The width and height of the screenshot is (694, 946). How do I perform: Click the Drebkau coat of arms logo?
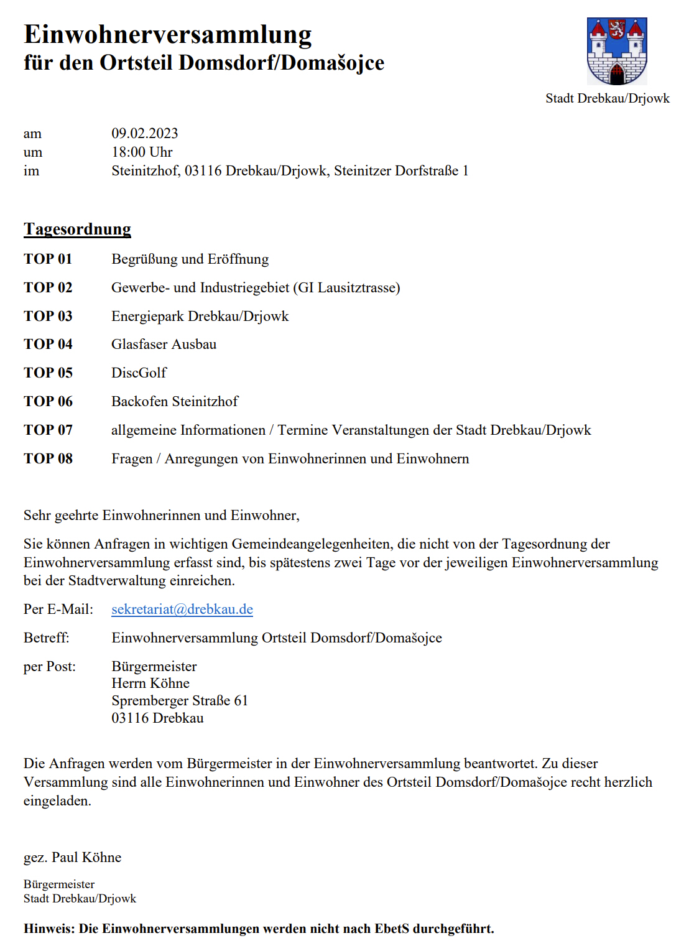[x=617, y=51]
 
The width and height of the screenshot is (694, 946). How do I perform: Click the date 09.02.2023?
[x=145, y=133]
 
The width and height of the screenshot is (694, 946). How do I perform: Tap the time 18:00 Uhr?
[x=142, y=152]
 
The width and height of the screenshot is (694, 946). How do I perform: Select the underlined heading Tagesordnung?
[x=77, y=229]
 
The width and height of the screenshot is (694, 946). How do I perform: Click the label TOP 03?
[x=48, y=316]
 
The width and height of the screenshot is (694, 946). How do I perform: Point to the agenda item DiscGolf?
[x=139, y=373]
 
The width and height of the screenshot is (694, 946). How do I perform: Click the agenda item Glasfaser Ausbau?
[x=164, y=344]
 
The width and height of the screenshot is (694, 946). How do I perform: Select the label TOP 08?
[x=48, y=458]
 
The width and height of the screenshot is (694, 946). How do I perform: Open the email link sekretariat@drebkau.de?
[x=182, y=609]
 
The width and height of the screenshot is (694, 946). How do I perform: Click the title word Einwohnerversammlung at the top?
[x=167, y=34]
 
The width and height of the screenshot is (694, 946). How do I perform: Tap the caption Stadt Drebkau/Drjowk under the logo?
[x=607, y=98]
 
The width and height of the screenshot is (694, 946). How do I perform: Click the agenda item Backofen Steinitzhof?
[x=175, y=401]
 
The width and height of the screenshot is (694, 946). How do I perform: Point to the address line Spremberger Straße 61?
[x=180, y=700]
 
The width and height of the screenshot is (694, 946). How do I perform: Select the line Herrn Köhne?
[x=150, y=683]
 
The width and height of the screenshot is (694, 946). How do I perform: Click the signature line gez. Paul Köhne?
[x=72, y=857]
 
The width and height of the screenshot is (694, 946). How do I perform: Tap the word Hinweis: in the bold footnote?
[x=49, y=929]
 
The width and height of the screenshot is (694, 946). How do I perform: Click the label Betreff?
[x=47, y=638]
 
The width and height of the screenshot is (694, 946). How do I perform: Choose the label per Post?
[x=50, y=666]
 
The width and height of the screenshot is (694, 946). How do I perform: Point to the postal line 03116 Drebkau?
[x=157, y=718]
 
